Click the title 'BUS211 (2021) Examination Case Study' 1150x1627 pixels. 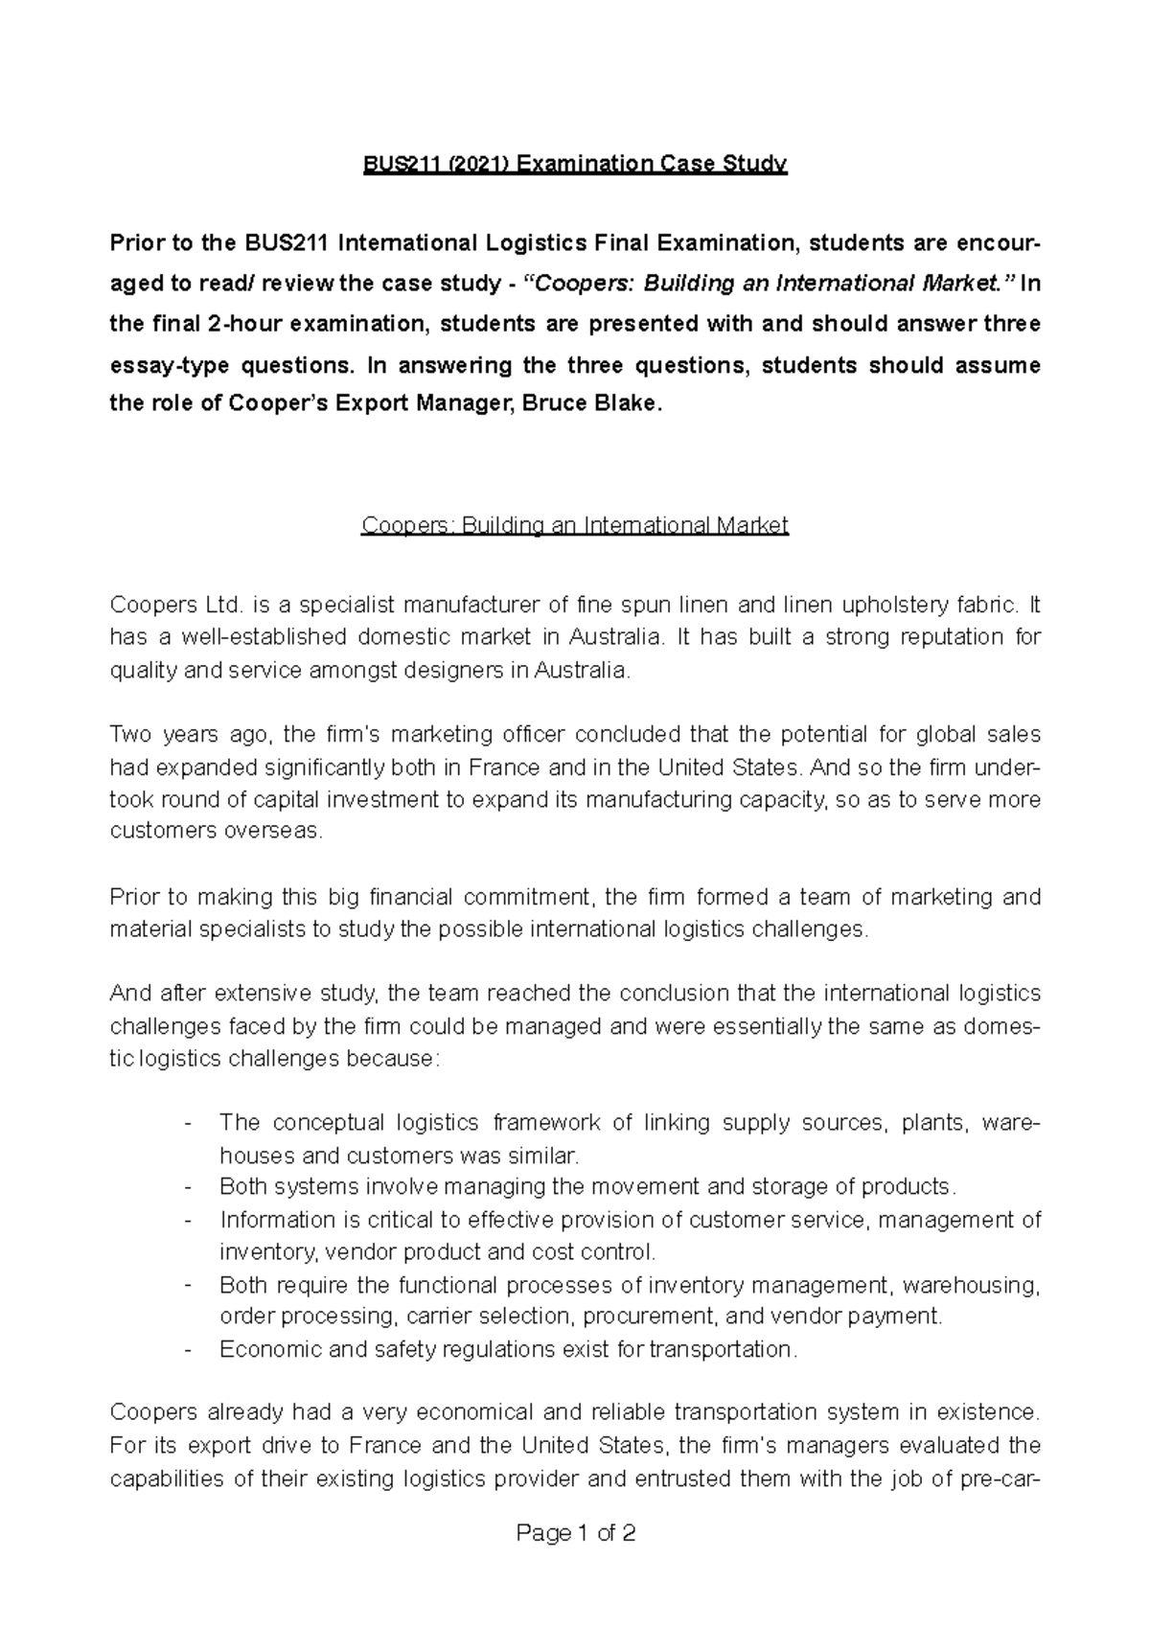click(x=575, y=164)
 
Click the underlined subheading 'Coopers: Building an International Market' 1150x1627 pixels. click(x=575, y=526)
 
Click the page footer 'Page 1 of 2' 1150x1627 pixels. click(x=575, y=1534)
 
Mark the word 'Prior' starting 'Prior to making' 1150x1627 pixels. click(x=137, y=898)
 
